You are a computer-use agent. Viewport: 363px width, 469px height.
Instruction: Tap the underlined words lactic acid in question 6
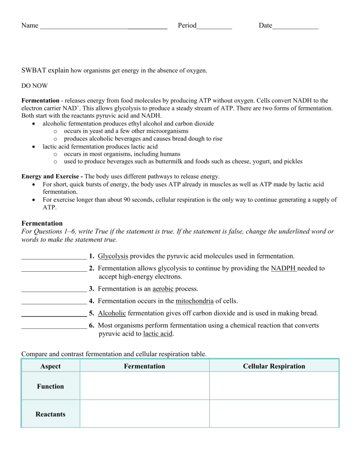click(x=157, y=334)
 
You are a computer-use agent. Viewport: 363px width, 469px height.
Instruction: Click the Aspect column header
click(x=51, y=366)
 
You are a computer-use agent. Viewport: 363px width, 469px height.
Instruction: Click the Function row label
click(x=51, y=386)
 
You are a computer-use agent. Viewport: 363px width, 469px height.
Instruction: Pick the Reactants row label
click(x=51, y=414)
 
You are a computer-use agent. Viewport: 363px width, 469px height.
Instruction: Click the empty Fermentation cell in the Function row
click(x=144, y=386)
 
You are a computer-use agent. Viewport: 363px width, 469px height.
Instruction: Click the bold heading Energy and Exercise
click(x=48, y=176)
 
